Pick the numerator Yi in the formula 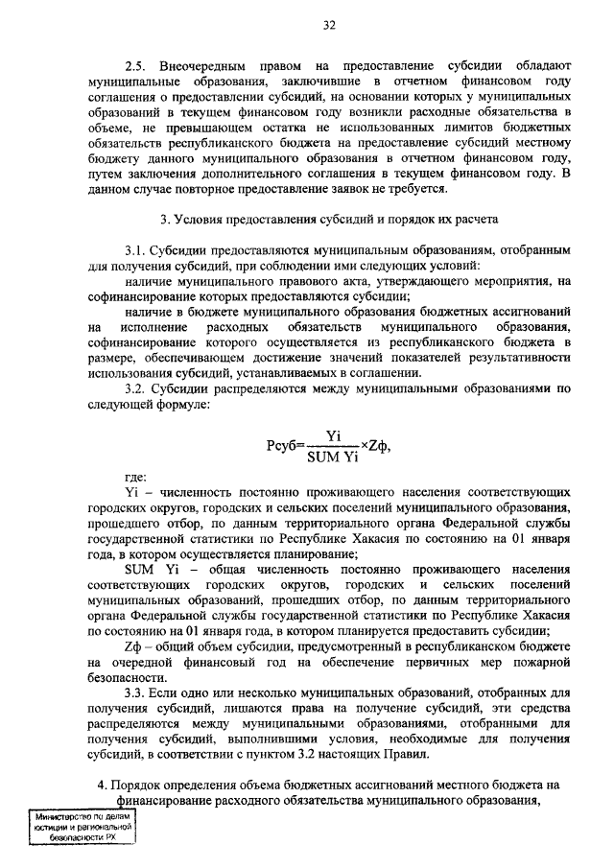tap(334, 436)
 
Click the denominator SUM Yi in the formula tap(332, 457)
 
